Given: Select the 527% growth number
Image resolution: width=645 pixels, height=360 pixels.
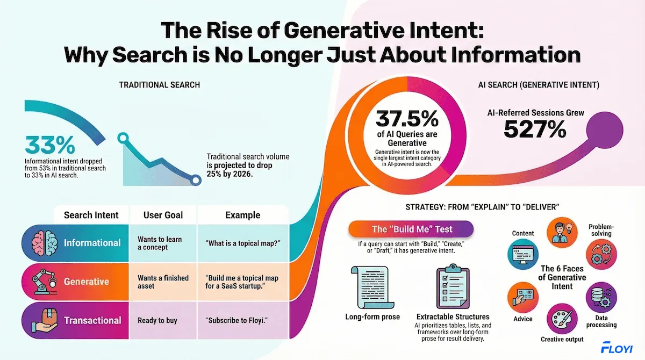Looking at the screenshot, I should (534, 129).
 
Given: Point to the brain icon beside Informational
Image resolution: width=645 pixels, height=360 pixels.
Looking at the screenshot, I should (43, 243).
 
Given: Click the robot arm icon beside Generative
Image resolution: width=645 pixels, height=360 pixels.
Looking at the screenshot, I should (43, 282).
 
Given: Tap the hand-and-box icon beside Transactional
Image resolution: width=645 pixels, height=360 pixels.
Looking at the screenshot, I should (43, 320).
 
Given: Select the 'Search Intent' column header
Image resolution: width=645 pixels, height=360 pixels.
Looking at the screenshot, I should (91, 215).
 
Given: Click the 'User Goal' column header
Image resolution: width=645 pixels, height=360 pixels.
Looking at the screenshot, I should (163, 215).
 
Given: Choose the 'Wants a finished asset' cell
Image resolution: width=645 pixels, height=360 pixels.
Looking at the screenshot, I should (163, 282).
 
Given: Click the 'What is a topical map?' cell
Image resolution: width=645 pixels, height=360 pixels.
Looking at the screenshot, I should (242, 243).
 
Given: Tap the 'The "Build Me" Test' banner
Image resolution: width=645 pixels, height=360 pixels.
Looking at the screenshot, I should (412, 229).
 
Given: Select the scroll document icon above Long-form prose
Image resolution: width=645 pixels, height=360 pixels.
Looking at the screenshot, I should (372, 287).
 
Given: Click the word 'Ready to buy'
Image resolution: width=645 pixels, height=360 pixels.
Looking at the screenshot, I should (157, 320).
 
